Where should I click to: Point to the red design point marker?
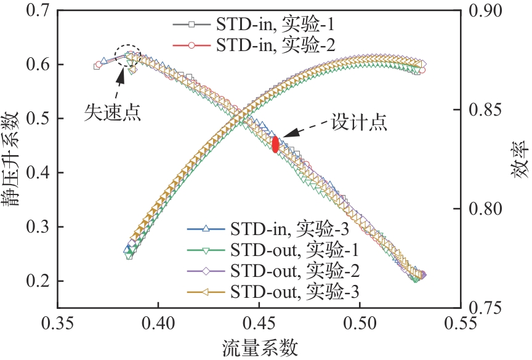[275, 143]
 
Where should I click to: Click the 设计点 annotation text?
[360, 122]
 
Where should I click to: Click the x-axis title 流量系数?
[259, 348]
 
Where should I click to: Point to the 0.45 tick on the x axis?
[259, 323]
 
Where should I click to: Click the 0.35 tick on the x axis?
[58, 323]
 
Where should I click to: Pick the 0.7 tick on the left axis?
[39, 10]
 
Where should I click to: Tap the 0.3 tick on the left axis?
[39, 227]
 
